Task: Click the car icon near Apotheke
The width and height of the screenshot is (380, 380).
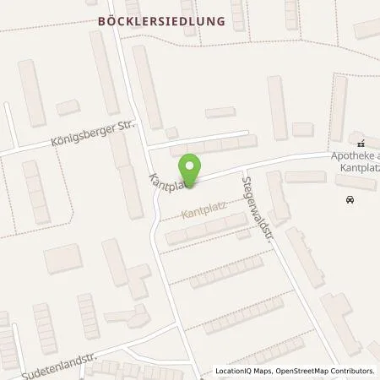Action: click(x=350, y=199)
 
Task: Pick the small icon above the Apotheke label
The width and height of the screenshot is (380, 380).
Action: click(x=361, y=144)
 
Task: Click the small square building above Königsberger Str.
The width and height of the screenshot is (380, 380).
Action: click(x=67, y=107)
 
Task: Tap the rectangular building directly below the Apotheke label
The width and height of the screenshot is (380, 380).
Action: click(x=354, y=181)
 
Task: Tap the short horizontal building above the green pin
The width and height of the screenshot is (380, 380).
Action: click(x=221, y=112)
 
